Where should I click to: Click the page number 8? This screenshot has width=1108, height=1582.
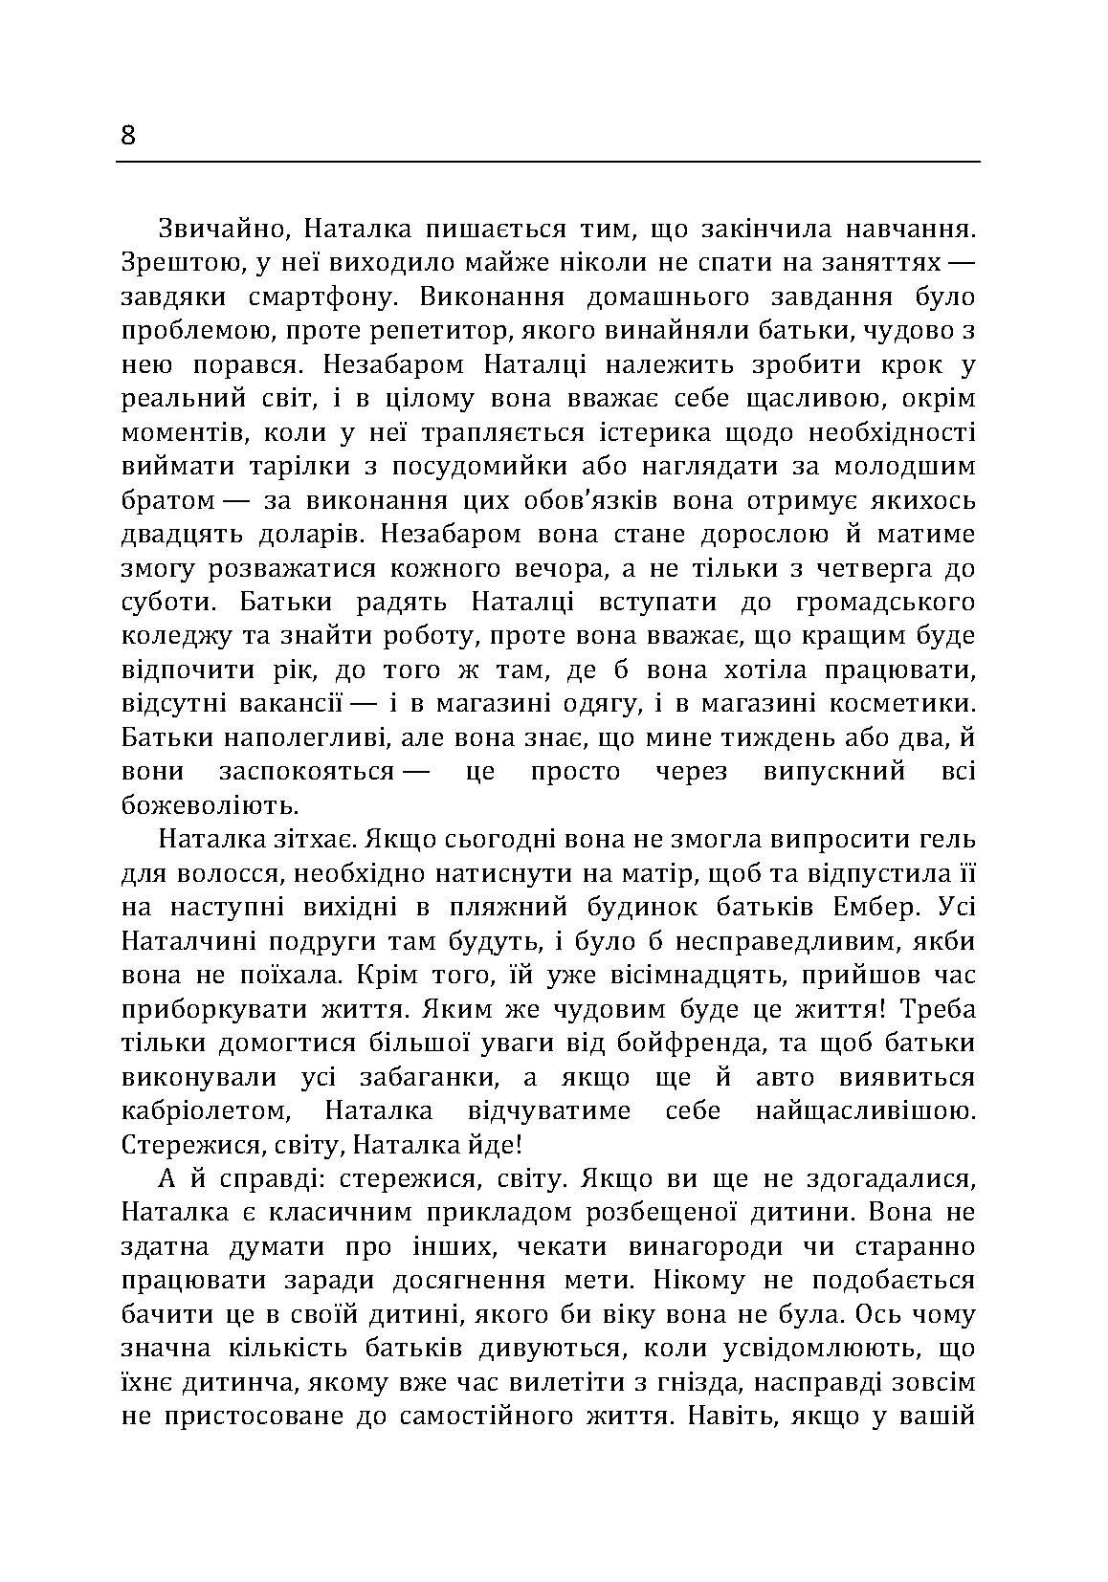[x=129, y=136]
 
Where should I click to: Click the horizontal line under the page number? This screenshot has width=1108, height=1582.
[x=547, y=162]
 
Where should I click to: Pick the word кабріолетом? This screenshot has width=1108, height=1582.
[x=205, y=1111]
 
